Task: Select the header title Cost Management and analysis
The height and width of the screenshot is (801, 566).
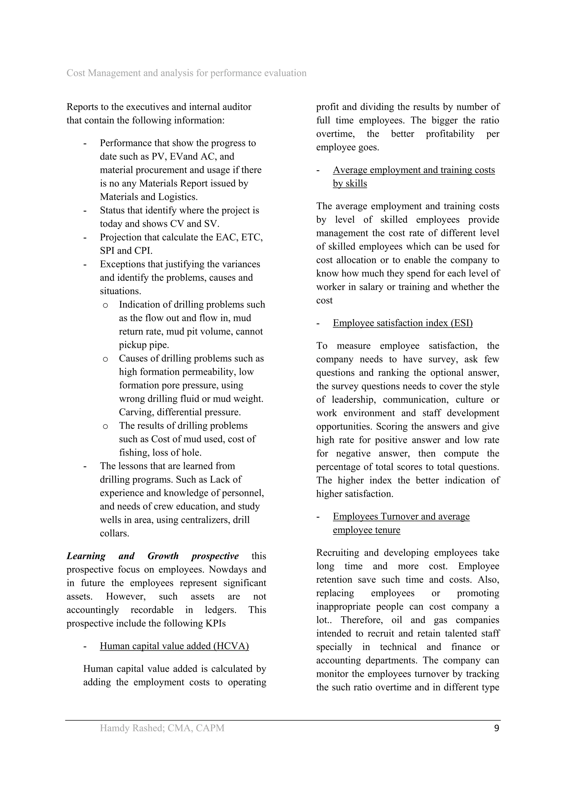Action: pyautogui.click(x=186, y=73)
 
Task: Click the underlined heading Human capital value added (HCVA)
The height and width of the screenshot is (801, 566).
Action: pyautogui.click(x=174, y=646)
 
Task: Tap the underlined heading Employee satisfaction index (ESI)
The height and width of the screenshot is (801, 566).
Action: pyautogui.click(x=402, y=323)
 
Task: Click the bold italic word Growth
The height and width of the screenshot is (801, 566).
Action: pyautogui.click(x=163, y=556)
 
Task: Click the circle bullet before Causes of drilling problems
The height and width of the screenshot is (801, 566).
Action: pyautogui.click(x=105, y=359)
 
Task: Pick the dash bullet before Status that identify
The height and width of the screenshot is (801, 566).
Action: pyautogui.click(x=85, y=211)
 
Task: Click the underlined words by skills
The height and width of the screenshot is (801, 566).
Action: pyautogui.click(x=350, y=184)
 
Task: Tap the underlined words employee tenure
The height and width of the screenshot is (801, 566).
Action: pyautogui.click(x=366, y=530)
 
